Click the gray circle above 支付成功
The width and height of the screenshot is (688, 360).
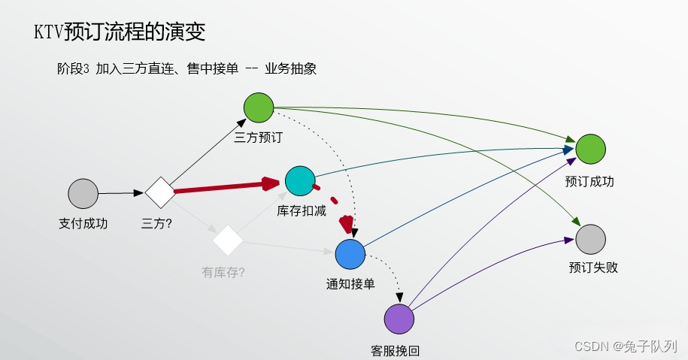click(83, 193)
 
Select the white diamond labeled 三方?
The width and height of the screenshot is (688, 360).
click(159, 192)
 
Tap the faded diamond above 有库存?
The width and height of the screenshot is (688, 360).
click(228, 241)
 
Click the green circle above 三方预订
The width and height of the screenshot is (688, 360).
click(259, 107)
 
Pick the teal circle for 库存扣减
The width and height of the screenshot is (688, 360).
click(300, 180)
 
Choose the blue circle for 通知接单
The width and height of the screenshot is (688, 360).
click(350, 255)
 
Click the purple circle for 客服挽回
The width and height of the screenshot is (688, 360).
click(399, 319)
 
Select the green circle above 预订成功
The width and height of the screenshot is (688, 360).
click(590, 149)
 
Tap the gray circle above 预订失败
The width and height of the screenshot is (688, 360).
click(590, 239)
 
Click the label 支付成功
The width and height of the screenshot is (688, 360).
click(83, 223)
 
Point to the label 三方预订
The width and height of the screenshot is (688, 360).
click(259, 138)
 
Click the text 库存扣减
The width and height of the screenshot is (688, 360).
click(302, 210)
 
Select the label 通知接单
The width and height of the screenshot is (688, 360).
click(350, 284)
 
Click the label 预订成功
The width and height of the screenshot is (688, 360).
click(590, 181)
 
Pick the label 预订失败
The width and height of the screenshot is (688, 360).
click(593, 268)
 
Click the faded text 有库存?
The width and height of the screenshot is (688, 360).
click(223, 273)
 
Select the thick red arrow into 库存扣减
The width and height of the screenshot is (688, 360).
click(226, 187)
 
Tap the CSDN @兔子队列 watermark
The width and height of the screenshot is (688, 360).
click(626, 346)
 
